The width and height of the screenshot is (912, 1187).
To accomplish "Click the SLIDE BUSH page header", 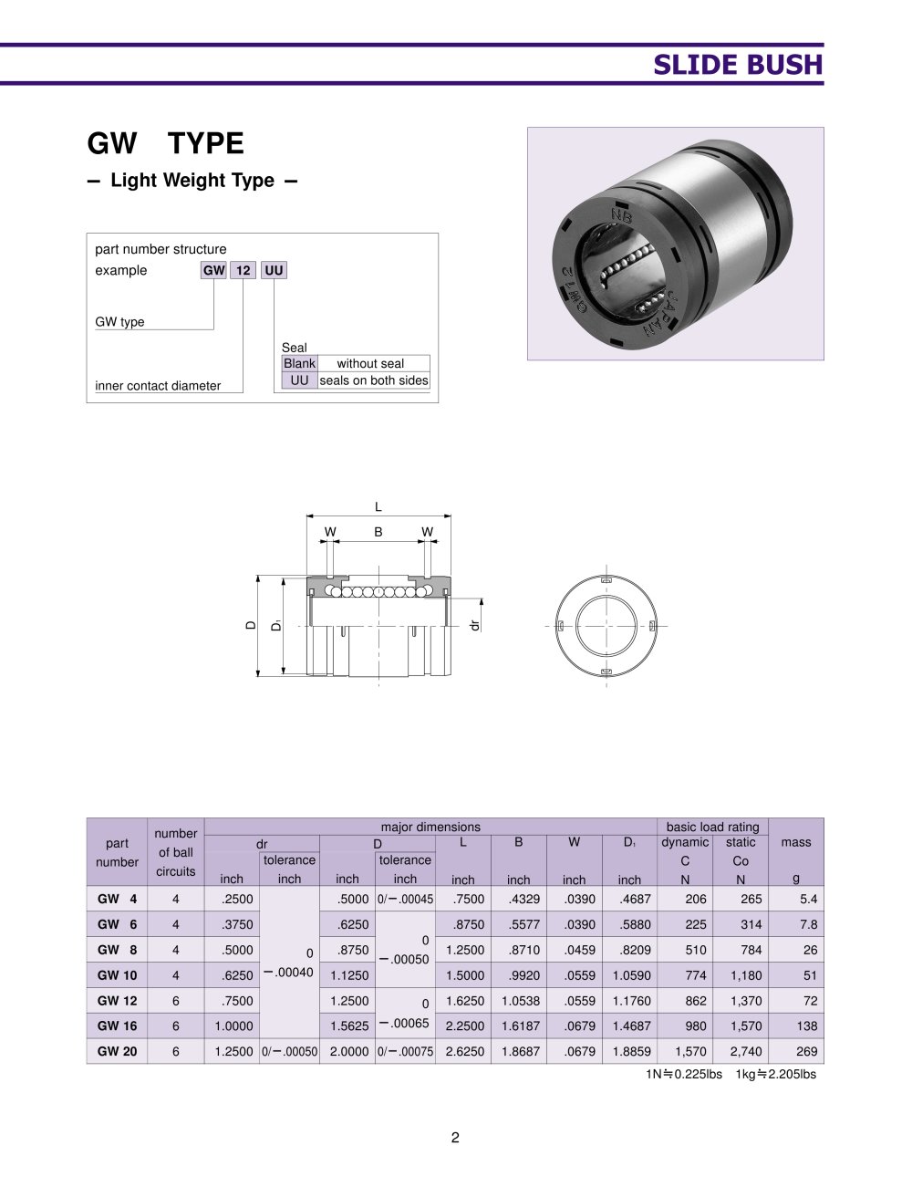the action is click(737, 65).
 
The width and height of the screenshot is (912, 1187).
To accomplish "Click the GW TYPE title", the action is click(165, 143).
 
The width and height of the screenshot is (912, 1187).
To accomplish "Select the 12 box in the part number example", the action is click(243, 270).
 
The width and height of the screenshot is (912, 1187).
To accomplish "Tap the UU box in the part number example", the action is click(274, 270).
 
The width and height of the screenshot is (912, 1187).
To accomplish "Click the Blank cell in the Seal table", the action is click(299, 363).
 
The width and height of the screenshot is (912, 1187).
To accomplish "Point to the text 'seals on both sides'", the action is click(373, 380).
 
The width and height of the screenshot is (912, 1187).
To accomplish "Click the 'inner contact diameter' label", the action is click(158, 386).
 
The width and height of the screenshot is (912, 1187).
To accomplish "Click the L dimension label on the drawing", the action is click(378, 507).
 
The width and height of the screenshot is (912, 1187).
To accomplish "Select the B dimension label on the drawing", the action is click(378, 532).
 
